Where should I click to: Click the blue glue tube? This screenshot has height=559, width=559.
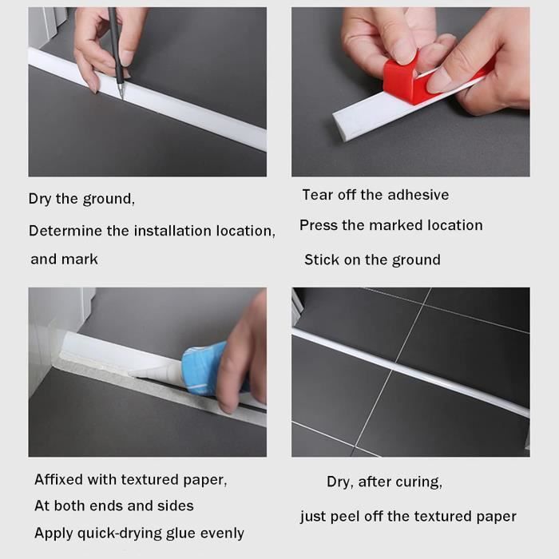[x=205, y=368]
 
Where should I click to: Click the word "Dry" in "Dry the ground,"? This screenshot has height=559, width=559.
[x=40, y=199]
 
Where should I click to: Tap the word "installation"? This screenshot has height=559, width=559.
[x=173, y=231]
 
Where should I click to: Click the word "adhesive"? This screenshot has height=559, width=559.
[x=418, y=195]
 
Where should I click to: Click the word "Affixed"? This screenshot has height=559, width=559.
[x=59, y=479]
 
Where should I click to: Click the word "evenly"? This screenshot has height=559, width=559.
[x=222, y=533]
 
